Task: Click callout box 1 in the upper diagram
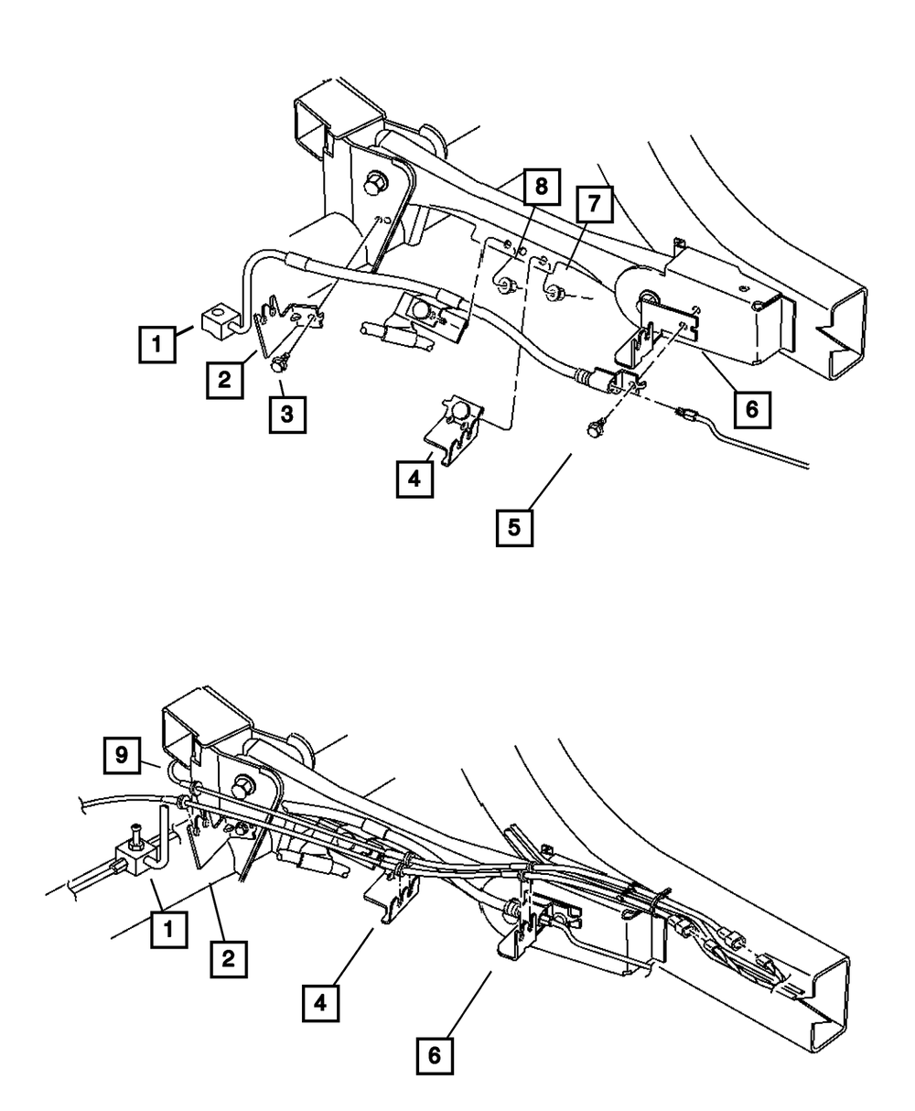tap(158, 346)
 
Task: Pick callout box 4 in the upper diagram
tap(415, 479)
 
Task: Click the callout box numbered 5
tap(515, 527)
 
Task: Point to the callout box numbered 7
tap(594, 204)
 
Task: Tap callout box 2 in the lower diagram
tap(228, 960)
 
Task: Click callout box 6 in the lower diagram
tap(435, 1055)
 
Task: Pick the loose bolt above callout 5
tap(597, 426)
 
